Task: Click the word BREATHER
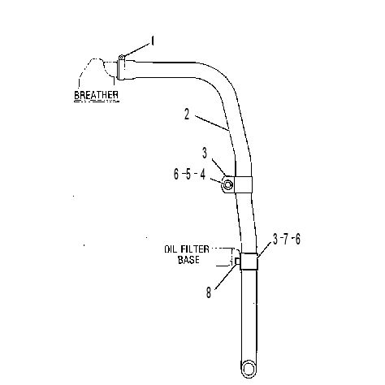click(x=96, y=95)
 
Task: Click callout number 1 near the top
click(x=153, y=41)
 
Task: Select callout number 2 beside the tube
click(x=187, y=115)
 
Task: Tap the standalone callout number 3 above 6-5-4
click(x=205, y=154)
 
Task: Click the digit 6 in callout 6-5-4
click(x=176, y=174)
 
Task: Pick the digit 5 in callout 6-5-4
click(x=188, y=174)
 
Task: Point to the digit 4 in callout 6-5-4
click(x=202, y=174)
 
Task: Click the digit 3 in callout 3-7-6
click(x=275, y=239)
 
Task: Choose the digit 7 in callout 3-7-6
click(x=286, y=239)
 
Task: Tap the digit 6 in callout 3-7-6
click(x=297, y=239)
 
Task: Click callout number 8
click(x=209, y=292)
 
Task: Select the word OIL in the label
click(x=171, y=249)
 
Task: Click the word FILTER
click(x=195, y=249)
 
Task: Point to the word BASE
click(x=188, y=260)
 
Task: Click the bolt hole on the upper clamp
click(x=227, y=184)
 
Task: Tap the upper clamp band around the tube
click(x=243, y=184)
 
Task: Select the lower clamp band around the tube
click(x=249, y=262)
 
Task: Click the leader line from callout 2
click(x=212, y=123)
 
